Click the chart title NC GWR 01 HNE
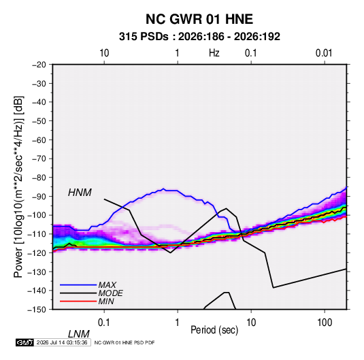tap(199, 19)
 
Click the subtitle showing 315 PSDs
tap(199, 37)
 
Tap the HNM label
tap(80, 193)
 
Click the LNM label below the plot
tap(78, 334)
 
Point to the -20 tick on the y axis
tap(39, 65)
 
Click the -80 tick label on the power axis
tap(39, 178)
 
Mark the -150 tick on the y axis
tap(37, 310)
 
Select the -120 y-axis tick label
tap(37, 252)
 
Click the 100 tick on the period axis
tap(325, 323)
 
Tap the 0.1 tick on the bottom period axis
tap(104, 323)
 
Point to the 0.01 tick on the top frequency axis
tap(324, 53)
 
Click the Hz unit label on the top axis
tap(214, 53)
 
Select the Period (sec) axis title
tap(214, 330)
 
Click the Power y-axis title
tap(18, 187)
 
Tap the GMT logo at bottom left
tap(24, 342)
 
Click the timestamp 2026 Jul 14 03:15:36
tap(62, 342)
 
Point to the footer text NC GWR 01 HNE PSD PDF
tap(125, 342)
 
